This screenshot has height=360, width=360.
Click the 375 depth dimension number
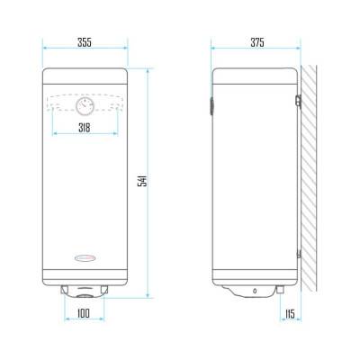(x=256, y=43)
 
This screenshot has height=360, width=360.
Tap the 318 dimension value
(x=85, y=129)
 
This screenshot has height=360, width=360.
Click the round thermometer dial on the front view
(x=85, y=106)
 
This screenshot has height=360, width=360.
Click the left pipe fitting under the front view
(x=65, y=289)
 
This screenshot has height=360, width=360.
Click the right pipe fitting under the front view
(x=104, y=289)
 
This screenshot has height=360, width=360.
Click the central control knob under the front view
(x=85, y=292)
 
